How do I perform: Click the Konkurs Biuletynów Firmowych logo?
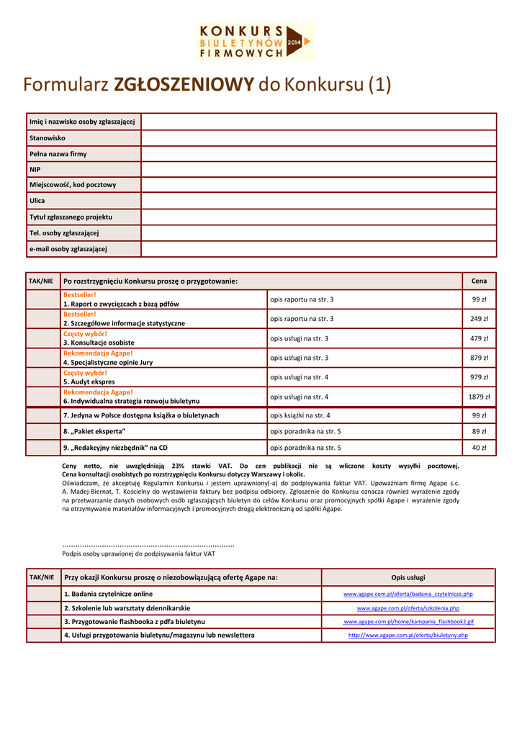255,40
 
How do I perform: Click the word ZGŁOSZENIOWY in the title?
184,86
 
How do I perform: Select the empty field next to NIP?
318,169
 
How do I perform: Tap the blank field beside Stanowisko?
318,137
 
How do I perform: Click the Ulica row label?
37,201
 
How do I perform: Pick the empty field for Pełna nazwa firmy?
318,153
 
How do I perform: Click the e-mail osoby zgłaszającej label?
68,248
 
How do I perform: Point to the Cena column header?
479,281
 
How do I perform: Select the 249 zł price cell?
479,319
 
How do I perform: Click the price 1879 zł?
479,397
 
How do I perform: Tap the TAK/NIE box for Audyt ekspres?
42,377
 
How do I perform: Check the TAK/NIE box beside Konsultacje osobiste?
42,338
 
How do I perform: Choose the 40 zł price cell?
479,448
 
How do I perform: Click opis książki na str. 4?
300,415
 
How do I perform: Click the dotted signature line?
148,544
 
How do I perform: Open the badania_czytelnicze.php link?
408,594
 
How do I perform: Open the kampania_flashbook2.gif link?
408,622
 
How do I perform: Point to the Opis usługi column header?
408,578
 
